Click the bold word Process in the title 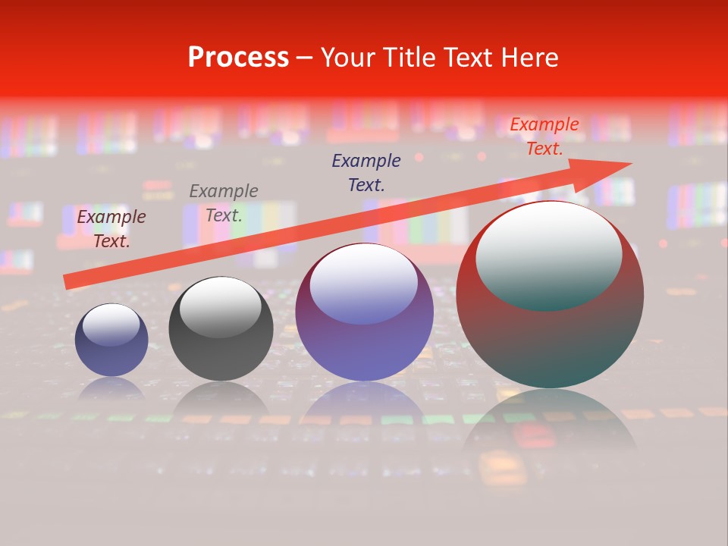point(238,58)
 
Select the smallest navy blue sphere point(111,340)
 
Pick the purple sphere point(364,312)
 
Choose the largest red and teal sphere point(550,295)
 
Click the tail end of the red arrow point(67,282)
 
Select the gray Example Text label point(224,203)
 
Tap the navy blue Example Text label point(366,172)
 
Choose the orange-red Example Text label point(544,136)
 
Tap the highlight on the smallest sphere point(111,325)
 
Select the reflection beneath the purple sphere point(364,402)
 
